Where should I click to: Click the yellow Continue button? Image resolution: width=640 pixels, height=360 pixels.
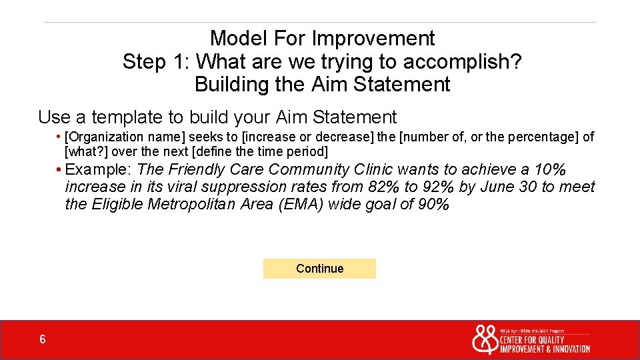pos(319,269)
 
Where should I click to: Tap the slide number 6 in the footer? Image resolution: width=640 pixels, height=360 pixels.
pos(43,340)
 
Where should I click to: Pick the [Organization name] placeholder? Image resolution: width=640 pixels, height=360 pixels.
pos(117,137)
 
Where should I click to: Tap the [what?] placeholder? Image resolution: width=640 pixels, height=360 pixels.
pos(87,152)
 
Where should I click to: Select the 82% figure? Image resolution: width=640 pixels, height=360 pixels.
pos(380,187)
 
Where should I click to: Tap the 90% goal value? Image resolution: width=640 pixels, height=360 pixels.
pos(433,205)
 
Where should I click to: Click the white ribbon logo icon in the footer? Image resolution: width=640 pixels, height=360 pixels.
pos(485,339)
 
